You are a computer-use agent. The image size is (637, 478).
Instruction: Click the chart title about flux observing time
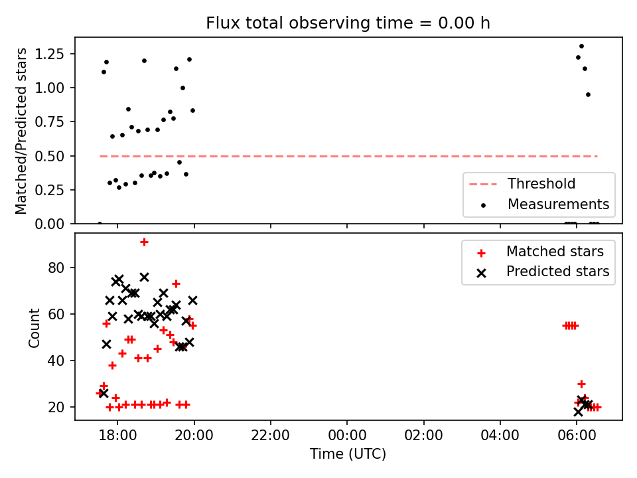click(348, 23)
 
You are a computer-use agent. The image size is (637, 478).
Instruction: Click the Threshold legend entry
click(522, 184)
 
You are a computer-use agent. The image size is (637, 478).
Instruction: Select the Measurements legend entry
click(545, 204)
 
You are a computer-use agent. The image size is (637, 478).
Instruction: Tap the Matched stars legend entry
click(540, 252)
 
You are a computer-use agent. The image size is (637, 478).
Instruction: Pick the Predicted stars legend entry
click(543, 272)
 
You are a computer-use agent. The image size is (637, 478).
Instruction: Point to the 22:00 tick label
click(270, 436)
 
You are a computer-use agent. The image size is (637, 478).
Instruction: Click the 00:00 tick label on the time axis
click(347, 436)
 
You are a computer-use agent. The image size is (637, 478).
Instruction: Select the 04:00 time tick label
click(500, 436)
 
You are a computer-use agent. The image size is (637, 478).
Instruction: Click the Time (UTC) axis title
click(348, 453)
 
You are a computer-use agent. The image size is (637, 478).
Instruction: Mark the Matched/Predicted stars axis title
click(21, 131)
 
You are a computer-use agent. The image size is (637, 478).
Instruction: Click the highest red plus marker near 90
click(144, 242)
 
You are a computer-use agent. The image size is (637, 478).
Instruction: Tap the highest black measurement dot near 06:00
click(581, 46)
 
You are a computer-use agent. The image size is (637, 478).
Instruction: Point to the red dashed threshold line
click(348, 156)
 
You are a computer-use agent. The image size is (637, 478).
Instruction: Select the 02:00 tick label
click(424, 436)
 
